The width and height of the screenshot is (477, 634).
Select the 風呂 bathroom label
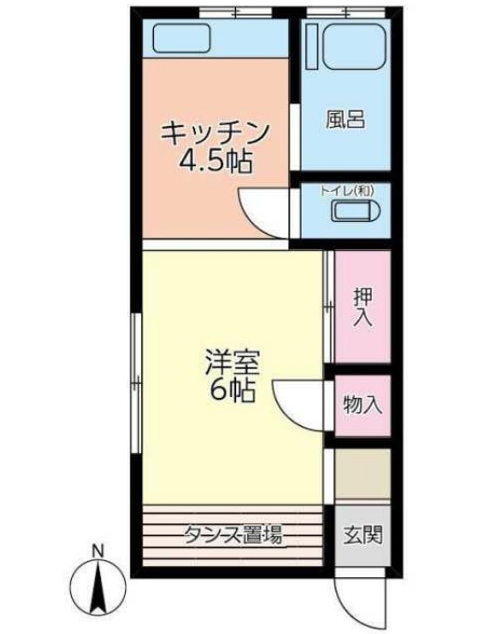tap(344, 119)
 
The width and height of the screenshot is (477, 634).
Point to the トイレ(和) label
tap(347, 190)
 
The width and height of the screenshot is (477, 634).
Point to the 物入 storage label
tap(362, 406)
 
